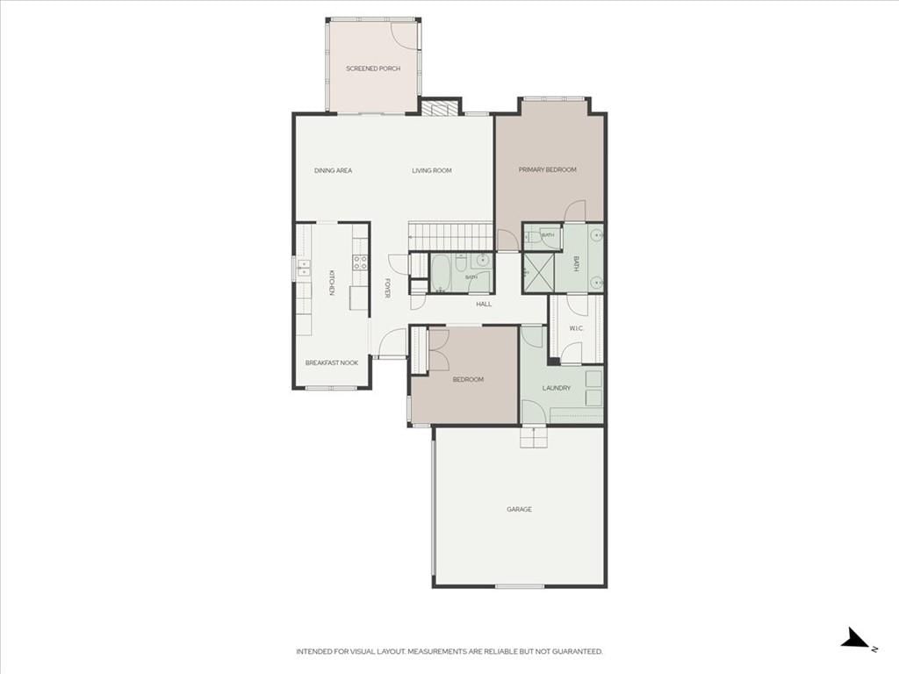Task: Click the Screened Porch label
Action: point(372,68)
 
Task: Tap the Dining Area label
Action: point(333,171)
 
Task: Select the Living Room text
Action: point(432,171)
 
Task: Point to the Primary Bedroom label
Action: point(548,169)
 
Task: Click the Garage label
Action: point(519,509)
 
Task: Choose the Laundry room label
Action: point(556,388)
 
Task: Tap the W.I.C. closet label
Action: point(576,328)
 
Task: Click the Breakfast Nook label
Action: point(331,362)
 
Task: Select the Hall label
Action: point(484,305)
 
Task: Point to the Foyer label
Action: point(387,288)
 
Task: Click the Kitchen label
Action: point(331,283)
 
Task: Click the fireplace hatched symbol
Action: point(440,108)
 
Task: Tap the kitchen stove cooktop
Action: point(360,262)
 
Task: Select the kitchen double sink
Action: point(303,268)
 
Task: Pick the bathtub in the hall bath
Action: point(441,273)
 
